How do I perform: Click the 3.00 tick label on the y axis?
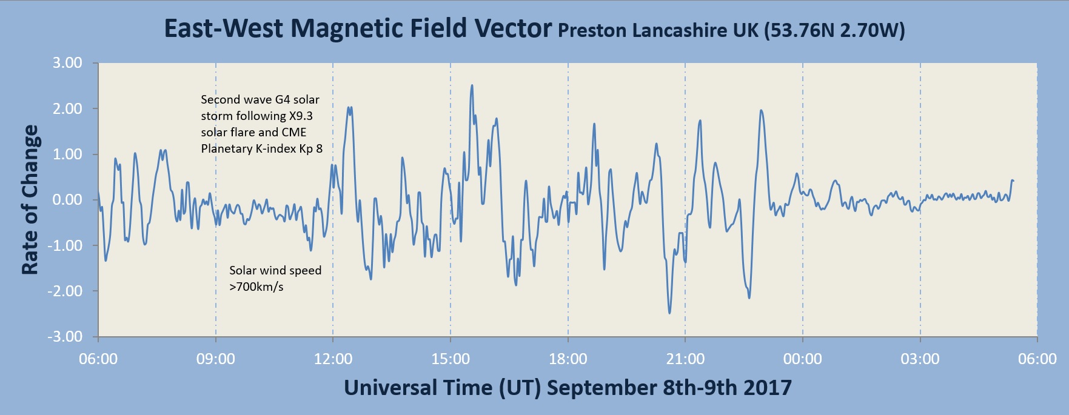pos(67,63)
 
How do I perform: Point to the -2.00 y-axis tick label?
pos(65,291)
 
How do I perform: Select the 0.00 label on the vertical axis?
pos(67,200)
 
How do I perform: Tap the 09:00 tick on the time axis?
pos(216,359)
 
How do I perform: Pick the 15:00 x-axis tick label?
pos(451,359)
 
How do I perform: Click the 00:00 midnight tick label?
pos(803,359)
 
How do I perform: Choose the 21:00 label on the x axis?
pos(685,359)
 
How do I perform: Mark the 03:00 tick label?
pos(920,359)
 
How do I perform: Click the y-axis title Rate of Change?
pos(30,200)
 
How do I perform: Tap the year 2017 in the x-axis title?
pos(768,388)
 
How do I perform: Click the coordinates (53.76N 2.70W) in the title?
pos(834,30)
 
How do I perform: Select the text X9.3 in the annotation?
pos(301,116)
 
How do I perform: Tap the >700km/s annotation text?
pos(256,287)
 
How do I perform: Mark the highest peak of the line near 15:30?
pos(472,85)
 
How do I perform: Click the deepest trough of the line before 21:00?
pos(669,313)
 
